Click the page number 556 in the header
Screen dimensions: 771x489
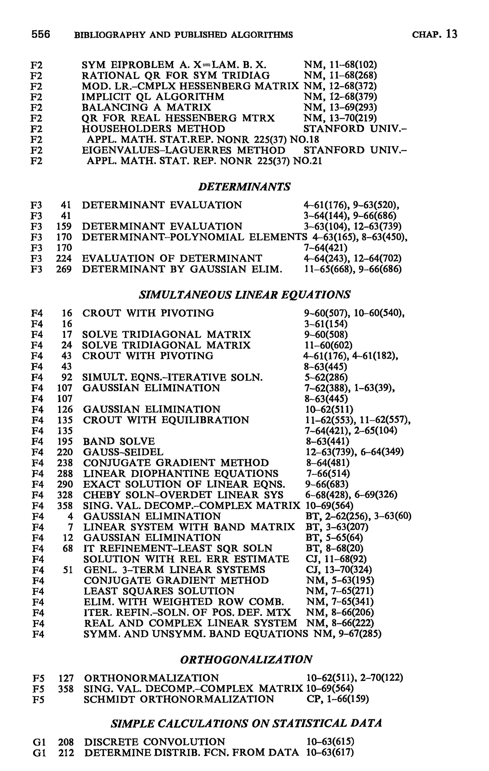41,34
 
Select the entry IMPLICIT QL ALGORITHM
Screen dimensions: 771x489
153,97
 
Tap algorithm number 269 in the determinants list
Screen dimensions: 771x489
64,269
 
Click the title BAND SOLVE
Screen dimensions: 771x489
119,442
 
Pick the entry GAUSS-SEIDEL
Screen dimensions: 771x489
123,452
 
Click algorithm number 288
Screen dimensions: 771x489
65,473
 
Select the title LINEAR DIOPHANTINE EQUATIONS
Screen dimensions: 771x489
181,473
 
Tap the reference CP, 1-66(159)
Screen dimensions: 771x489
338,699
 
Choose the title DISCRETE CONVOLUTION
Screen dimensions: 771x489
154,742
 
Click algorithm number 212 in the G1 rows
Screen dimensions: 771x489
66,753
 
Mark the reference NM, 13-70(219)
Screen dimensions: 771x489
340,118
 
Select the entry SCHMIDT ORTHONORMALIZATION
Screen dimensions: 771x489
179,699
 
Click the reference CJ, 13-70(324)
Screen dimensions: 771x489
339,570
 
